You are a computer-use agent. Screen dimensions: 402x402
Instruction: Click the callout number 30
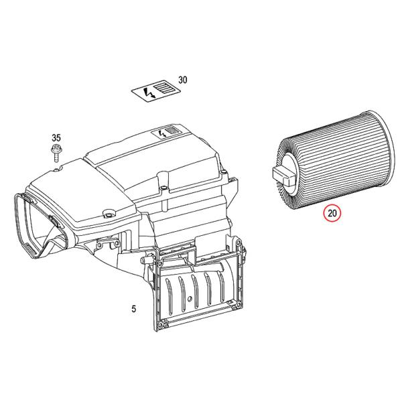pyautogui.click(x=182, y=80)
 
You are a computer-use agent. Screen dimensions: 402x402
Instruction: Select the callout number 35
pyautogui.click(x=56, y=138)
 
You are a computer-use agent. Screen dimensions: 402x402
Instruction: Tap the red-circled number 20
pyautogui.click(x=332, y=213)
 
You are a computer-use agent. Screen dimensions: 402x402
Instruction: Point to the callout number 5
pyautogui.click(x=134, y=309)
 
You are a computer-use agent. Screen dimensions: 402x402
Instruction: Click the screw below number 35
pyautogui.click(x=56, y=153)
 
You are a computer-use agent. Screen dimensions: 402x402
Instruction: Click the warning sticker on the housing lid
pyautogui.click(x=167, y=132)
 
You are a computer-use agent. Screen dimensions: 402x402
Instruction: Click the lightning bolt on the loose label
pyautogui.click(x=149, y=93)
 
